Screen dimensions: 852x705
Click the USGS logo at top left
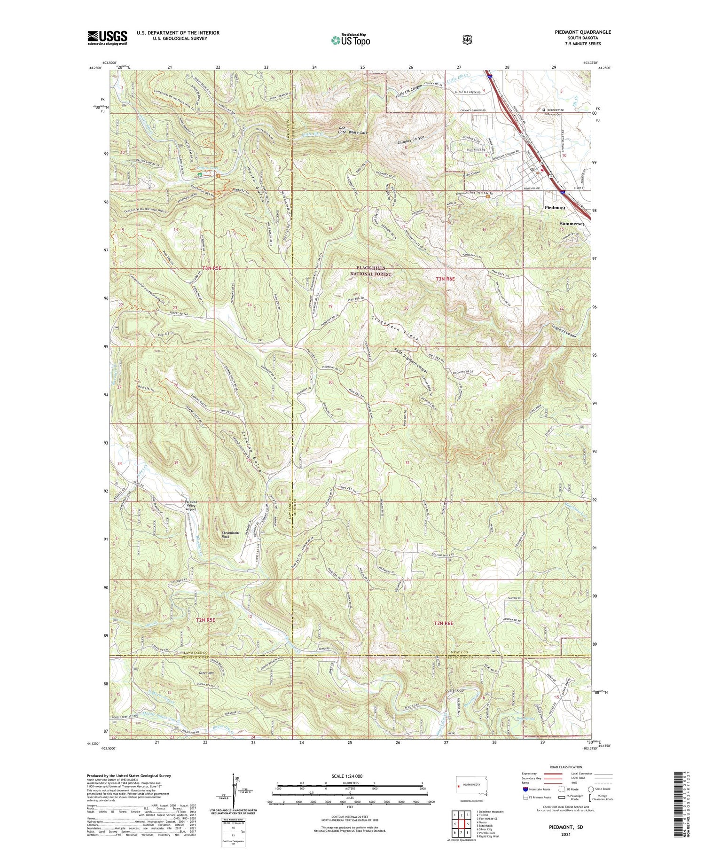click(107, 38)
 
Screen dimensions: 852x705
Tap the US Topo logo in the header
click(351, 40)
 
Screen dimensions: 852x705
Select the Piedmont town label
click(555, 207)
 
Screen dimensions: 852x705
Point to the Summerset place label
click(572, 224)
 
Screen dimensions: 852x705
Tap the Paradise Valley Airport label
click(190, 505)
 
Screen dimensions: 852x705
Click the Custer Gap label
click(454, 690)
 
